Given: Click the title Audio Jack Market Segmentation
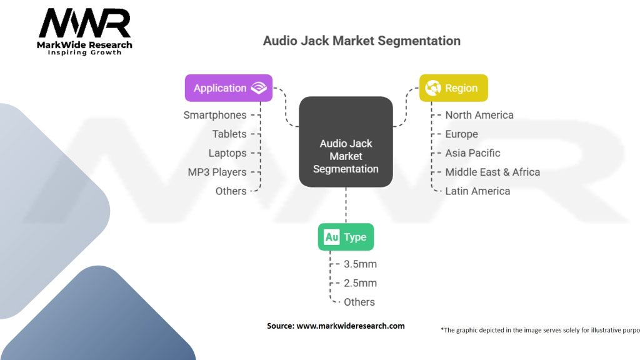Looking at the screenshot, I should coord(361,41).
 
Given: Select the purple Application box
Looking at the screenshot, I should coord(229,88).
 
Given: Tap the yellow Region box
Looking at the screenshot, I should coord(453,88).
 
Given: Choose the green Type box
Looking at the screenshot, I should coord(346,237).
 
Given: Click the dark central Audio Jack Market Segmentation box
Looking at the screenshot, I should coord(346,142).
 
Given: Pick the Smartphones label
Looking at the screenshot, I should coord(214,115).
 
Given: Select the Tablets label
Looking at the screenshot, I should coord(229,134).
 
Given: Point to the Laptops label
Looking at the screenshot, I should coord(227,153).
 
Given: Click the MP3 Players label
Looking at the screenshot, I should coord(217,172).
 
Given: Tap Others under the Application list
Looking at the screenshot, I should coord(231,191).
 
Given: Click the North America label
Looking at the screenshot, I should coord(479,115).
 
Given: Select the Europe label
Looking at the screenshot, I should coord(461,134).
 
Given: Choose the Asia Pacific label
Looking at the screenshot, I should coord(472,153).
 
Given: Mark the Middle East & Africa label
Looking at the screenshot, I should coord(492,172).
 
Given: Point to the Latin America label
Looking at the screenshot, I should coord(477,191).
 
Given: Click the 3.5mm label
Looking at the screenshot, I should coord(360,264).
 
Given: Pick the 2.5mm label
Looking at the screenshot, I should coord(360,283).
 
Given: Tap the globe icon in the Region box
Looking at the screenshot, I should coord(432,88).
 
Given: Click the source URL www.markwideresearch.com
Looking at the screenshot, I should coord(350,326).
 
